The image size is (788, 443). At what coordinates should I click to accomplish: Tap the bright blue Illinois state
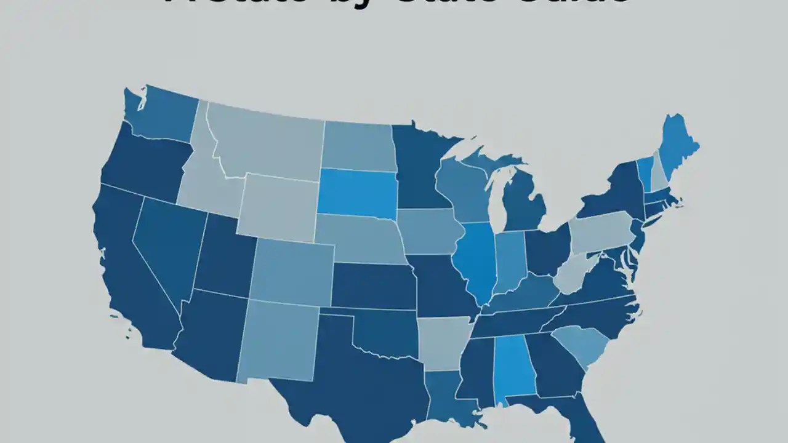[x=476, y=258]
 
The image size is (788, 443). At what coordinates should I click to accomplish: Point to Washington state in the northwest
[x=163, y=117]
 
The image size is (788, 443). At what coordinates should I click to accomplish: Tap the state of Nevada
[x=166, y=246]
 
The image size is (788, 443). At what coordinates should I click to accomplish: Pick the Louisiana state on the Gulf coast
[x=446, y=397]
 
